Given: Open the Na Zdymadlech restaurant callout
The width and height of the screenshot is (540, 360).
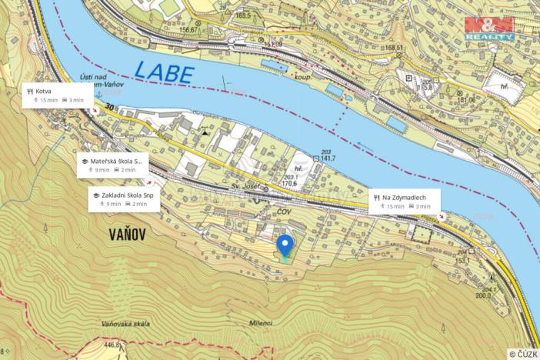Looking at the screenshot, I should [404, 201].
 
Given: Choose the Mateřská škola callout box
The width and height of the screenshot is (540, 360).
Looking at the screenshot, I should [112, 165].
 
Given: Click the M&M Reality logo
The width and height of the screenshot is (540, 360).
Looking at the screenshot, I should [488, 27].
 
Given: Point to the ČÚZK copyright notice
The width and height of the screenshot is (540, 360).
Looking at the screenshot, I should [522, 354].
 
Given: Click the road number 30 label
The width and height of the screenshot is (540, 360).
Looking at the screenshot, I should [110, 108].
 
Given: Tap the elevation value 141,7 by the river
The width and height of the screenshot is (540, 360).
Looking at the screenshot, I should [331, 158].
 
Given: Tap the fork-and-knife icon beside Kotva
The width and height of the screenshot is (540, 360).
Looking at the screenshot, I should [30, 91].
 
